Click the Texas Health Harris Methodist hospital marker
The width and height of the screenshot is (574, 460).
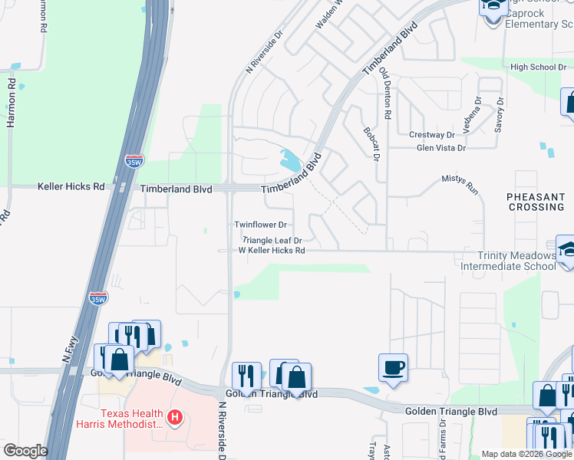175,417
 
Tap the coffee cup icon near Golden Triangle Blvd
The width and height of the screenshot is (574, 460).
393,367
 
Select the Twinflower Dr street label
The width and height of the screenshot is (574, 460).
260,225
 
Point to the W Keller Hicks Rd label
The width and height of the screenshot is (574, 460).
272,251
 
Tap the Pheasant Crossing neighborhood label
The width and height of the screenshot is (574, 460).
536,202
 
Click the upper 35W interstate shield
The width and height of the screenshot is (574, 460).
134,161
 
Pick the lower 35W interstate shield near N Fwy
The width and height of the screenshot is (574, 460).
97,298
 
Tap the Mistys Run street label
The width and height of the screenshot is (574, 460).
460,178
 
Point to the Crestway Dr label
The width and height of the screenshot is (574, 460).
432,135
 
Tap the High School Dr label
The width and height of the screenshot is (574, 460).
538,67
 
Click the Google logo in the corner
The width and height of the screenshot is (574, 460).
25,451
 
